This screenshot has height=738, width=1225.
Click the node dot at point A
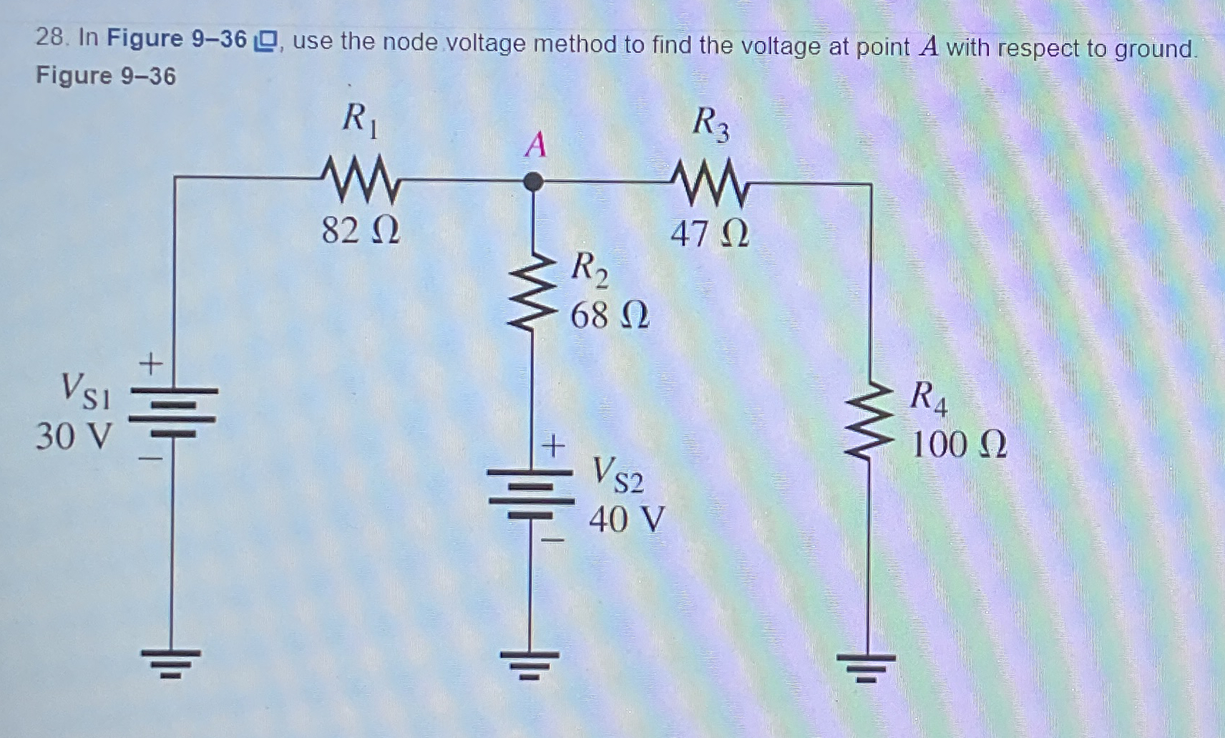pos(532,182)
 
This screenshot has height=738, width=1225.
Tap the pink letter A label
pos(535,145)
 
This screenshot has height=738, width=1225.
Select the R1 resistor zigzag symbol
pos(360,180)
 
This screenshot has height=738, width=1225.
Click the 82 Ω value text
pos(360,230)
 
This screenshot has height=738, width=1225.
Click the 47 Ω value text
pos(709,233)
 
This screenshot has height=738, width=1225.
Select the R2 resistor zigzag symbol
pos(532,293)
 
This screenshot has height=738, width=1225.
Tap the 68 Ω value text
pos(609,315)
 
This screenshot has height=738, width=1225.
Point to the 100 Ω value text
pos(959,445)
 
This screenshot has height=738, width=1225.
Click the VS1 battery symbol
pos(172,412)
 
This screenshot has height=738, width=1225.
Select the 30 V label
pos(74,436)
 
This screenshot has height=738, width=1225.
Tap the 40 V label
pos(626,520)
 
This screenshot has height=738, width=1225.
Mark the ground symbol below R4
pos(867,666)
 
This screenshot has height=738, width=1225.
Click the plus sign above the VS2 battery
pos(552,446)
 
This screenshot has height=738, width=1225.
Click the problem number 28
pos(51,37)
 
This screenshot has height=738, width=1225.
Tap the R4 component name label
pos(928,398)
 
